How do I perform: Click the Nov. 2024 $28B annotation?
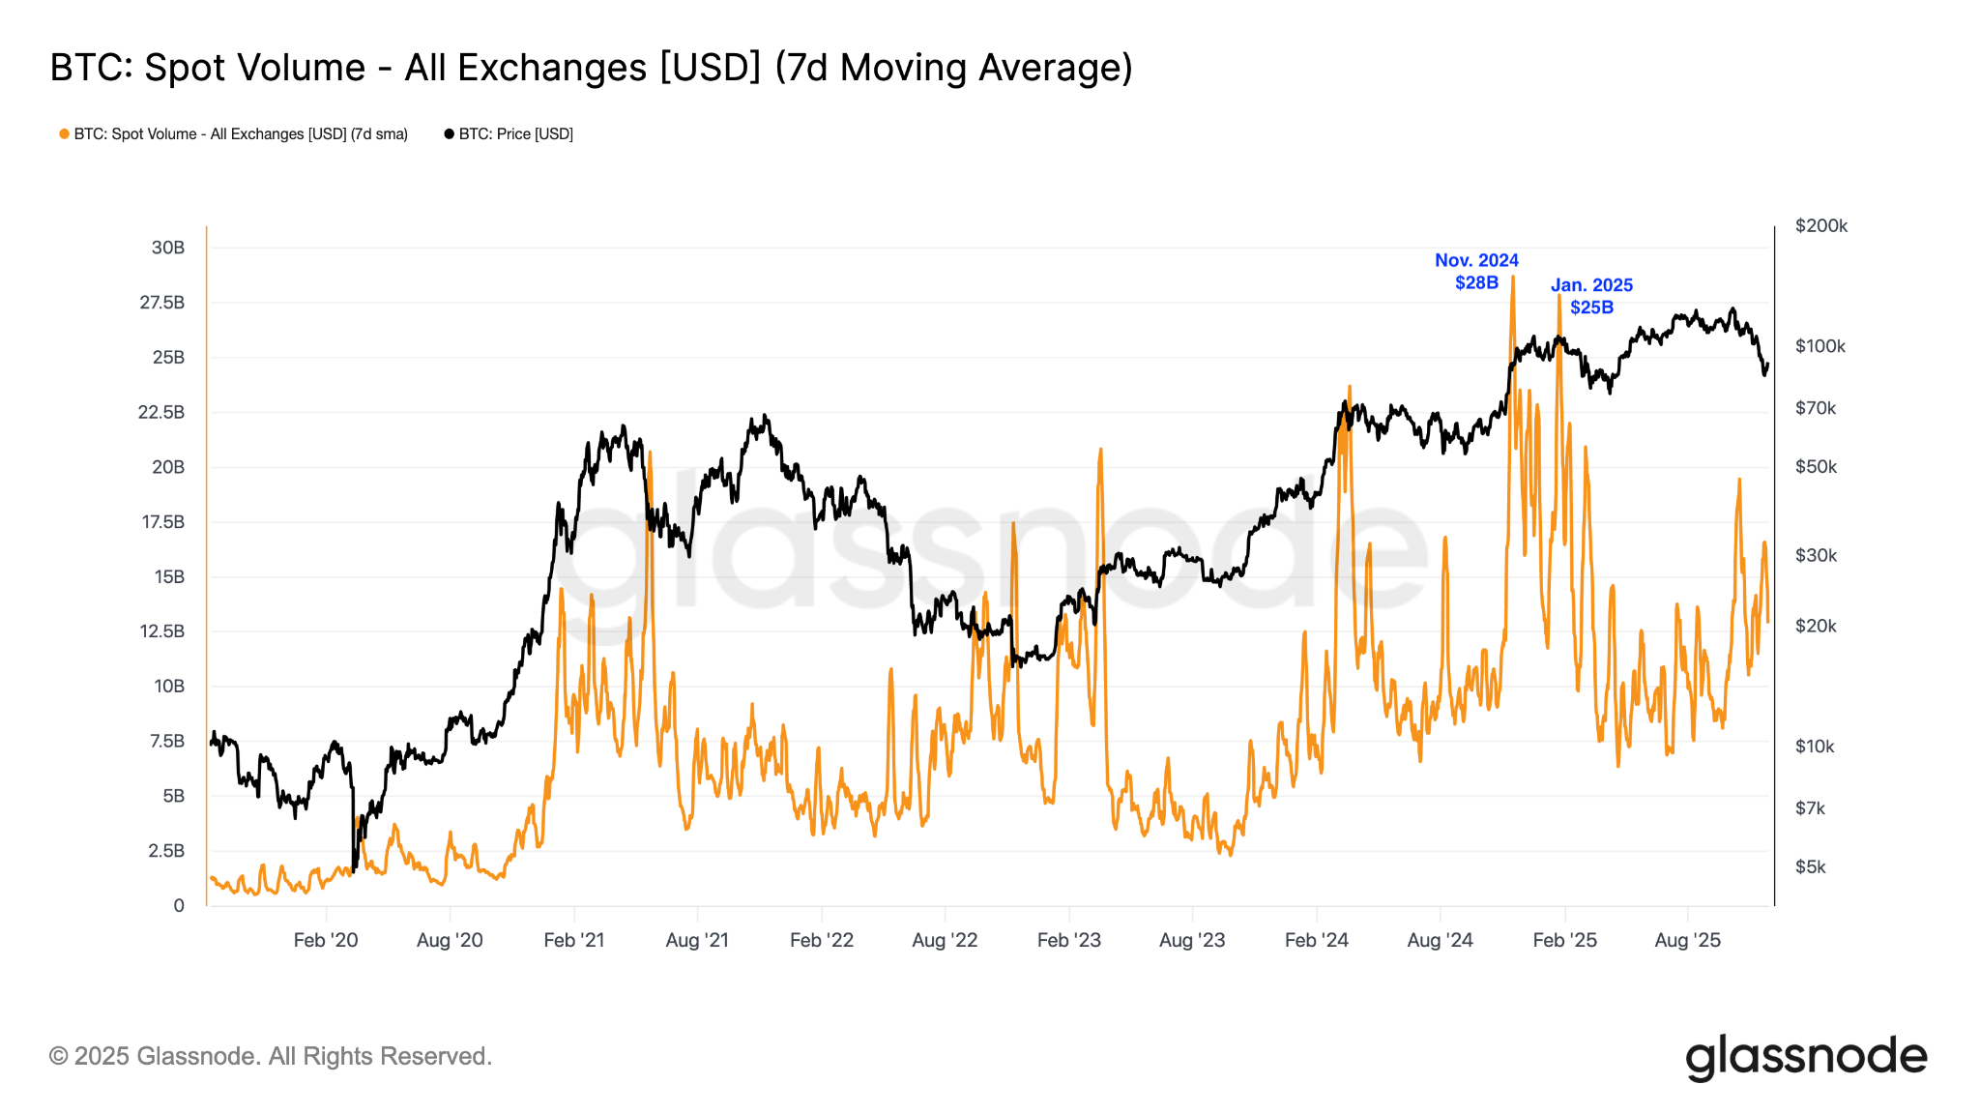click(1476, 272)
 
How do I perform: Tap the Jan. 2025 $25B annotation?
click(1591, 296)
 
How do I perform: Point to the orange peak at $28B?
click(1512, 278)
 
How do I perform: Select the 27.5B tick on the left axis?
click(161, 303)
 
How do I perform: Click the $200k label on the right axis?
click(1820, 226)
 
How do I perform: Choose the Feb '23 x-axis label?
click(1068, 940)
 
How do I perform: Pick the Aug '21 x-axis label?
click(697, 940)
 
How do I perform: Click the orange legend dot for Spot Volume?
click(64, 134)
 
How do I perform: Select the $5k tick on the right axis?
click(1810, 867)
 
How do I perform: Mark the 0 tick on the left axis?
click(179, 906)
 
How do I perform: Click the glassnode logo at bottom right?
click(1805, 1057)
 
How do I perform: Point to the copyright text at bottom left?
click(271, 1056)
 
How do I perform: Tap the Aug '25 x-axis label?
click(1687, 940)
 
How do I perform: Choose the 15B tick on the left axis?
click(168, 577)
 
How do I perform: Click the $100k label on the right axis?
click(1820, 346)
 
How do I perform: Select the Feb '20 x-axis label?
click(326, 940)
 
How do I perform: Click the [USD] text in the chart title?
click(711, 68)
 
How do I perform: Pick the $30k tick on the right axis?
click(1816, 556)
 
